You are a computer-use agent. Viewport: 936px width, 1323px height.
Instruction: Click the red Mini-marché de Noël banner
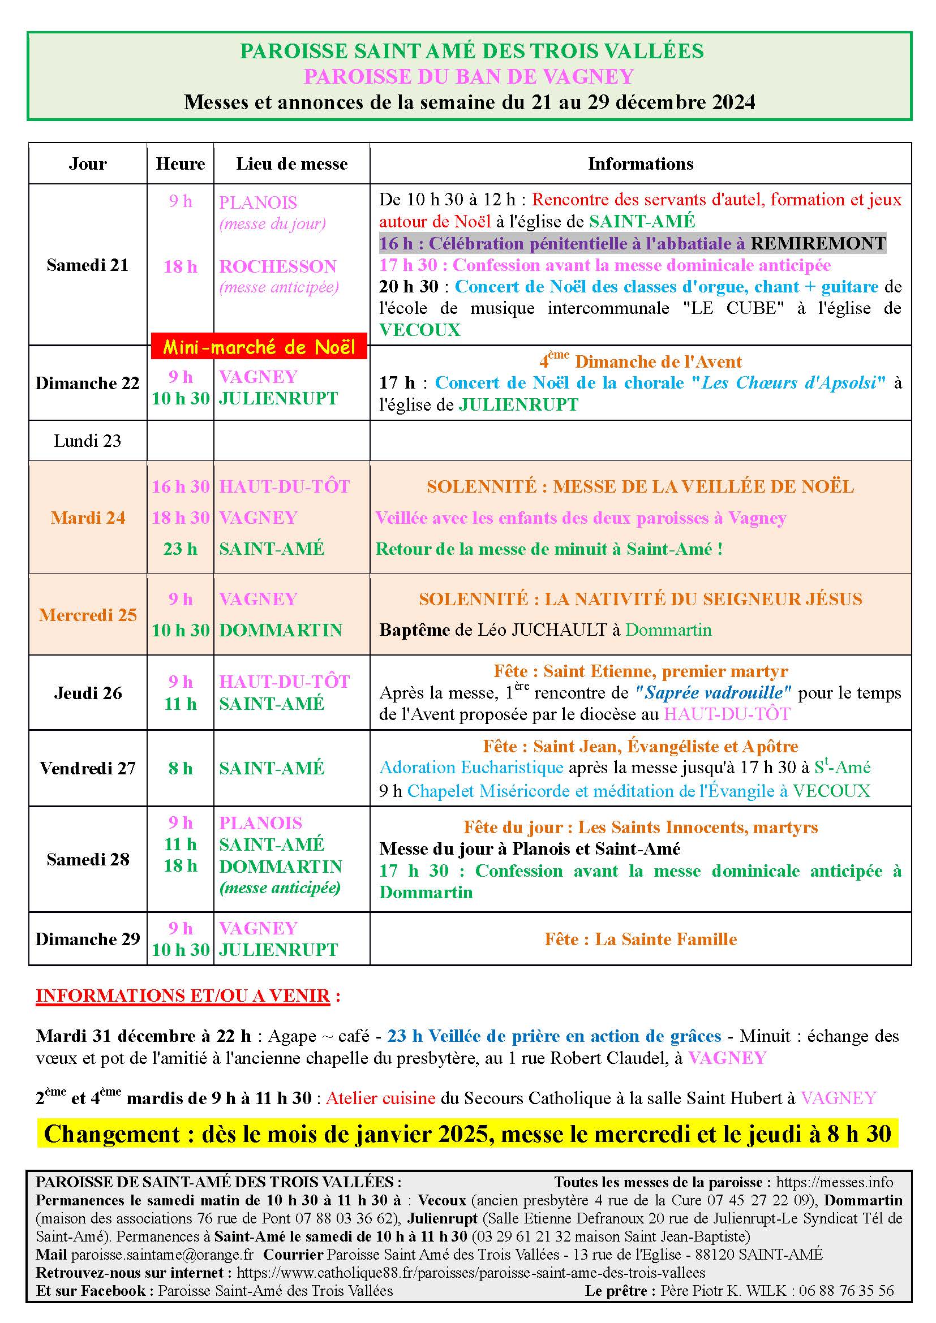tap(259, 346)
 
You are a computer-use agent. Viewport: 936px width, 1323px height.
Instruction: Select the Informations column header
tap(640, 164)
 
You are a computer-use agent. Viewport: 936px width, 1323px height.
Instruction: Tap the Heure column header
tap(180, 164)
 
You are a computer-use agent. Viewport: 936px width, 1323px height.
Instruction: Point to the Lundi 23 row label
tap(88, 441)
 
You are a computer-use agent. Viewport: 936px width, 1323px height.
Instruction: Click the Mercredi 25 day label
tap(88, 615)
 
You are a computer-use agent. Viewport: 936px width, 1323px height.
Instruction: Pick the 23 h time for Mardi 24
tap(180, 549)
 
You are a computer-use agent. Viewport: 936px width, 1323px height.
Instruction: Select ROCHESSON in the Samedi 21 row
tap(277, 267)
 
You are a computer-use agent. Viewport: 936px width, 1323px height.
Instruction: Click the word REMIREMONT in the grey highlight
tap(817, 244)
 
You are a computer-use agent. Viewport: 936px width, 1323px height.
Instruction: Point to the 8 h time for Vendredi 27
tap(180, 768)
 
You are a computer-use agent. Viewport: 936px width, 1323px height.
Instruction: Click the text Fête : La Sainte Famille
tap(640, 940)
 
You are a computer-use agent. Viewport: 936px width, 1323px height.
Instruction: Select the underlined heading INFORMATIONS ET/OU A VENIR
tap(183, 996)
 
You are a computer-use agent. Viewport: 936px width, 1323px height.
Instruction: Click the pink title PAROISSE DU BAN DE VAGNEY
tap(469, 76)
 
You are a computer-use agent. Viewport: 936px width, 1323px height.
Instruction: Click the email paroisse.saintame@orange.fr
tap(162, 1255)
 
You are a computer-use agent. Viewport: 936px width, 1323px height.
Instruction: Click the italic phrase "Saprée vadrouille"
tap(713, 693)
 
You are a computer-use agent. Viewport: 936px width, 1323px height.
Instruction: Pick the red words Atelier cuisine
tap(380, 1098)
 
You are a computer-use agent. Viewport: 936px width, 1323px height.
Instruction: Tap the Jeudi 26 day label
tap(88, 693)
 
